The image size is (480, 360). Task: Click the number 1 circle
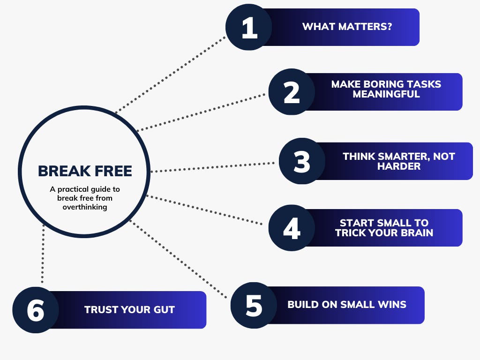pyautogui.click(x=249, y=27)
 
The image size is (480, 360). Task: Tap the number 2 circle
pyautogui.click(x=292, y=92)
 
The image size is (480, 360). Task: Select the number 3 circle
pyautogui.click(x=302, y=161)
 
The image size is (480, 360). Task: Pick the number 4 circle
pyautogui.click(x=292, y=228)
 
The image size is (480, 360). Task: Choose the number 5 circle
pyautogui.click(x=254, y=305)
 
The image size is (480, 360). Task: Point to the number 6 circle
pyautogui.click(x=36, y=310)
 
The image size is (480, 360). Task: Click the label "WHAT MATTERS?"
pyautogui.click(x=347, y=26)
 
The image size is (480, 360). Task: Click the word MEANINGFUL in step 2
pyautogui.click(x=386, y=94)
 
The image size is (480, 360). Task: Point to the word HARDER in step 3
pyautogui.click(x=399, y=166)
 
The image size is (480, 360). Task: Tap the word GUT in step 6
pyautogui.click(x=165, y=310)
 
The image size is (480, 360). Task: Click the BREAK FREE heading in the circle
pyautogui.click(x=85, y=171)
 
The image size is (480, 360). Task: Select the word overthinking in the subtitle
pyautogui.click(x=85, y=207)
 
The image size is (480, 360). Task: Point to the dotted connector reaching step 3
pyautogui.click(x=213, y=167)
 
